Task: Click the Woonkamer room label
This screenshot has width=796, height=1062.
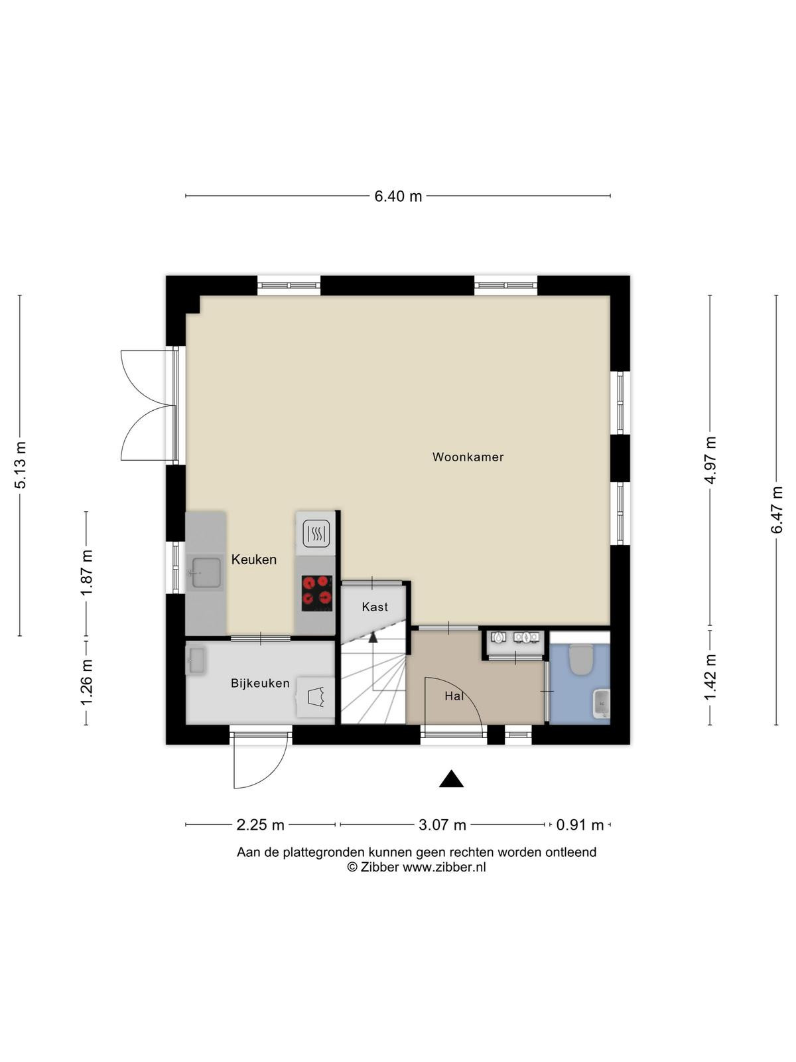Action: pyautogui.click(x=468, y=457)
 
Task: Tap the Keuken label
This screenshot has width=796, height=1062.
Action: pyautogui.click(x=254, y=560)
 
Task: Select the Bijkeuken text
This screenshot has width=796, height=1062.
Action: pyautogui.click(x=260, y=683)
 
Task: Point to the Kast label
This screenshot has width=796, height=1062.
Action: pyautogui.click(x=375, y=607)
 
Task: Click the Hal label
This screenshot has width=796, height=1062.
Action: pyautogui.click(x=454, y=696)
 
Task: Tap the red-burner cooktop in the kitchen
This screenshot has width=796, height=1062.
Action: pyautogui.click(x=316, y=593)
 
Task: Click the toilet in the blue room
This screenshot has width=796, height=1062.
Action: pyautogui.click(x=580, y=659)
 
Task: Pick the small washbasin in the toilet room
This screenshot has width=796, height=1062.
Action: pyautogui.click(x=602, y=704)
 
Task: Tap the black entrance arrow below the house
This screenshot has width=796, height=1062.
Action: pyautogui.click(x=451, y=779)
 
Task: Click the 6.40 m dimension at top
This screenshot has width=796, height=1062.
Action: pyautogui.click(x=398, y=196)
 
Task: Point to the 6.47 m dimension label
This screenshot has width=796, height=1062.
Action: pyautogui.click(x=776, y=510)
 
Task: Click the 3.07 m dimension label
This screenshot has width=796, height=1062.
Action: pyautogui.click(x=442, y=824)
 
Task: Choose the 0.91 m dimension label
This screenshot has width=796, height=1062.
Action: pyautogui.click(x=580, y=824)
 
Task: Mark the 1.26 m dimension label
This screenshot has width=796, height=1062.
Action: pyautogui.click(x=87, y=683)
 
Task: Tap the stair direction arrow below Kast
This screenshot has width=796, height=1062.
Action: pyautogui.click(x=373, y=638)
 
